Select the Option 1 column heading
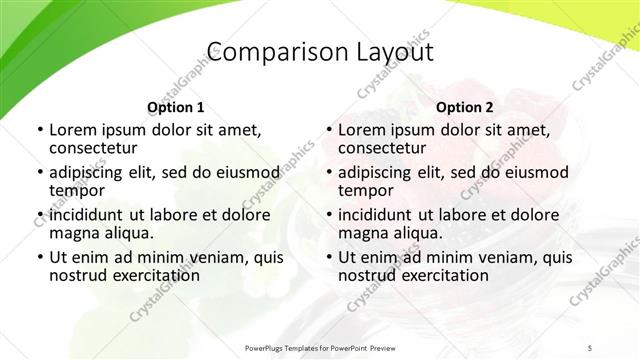click(x=176, y=107)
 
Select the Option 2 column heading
click(x=465, y=107)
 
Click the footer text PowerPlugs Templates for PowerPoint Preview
click(x=320, y=347)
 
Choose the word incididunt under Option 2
click(x=380, y=215)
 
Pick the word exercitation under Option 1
click(x=154, y=275)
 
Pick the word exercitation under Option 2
click(x=443, y=275)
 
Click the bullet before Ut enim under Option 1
click(x=39, y=258)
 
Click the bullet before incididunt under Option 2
click(x=328, y=215)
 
